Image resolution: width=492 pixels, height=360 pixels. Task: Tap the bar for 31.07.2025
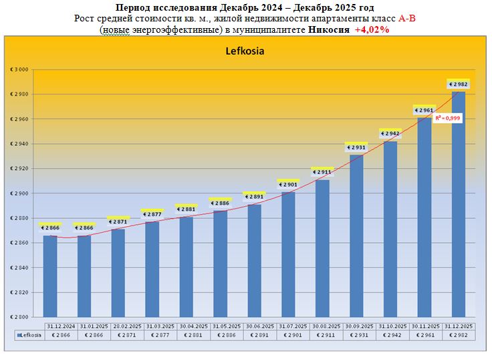point(288,254)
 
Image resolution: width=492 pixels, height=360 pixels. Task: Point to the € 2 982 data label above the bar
point(459,84)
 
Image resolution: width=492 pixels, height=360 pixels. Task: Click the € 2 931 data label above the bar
point(356,147)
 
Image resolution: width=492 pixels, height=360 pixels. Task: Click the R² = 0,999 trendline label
point(448,118)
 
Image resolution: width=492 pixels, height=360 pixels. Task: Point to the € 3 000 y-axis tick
point(19,70)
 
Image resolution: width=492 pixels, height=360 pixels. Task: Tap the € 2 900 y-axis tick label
point(19,193)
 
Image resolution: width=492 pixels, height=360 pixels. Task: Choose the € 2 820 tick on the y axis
point(19,292)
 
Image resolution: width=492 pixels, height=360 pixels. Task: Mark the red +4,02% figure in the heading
point(372,30)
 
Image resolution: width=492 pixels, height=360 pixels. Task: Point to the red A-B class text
point(407,19)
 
